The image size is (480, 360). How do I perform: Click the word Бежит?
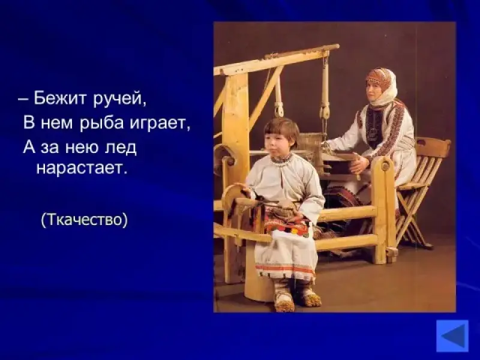60,98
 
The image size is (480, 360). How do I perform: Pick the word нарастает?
82,168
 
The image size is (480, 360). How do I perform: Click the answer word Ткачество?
84,219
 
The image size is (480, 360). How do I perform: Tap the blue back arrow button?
452,336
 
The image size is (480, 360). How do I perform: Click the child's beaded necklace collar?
281,160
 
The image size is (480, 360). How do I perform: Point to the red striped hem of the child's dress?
285,269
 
